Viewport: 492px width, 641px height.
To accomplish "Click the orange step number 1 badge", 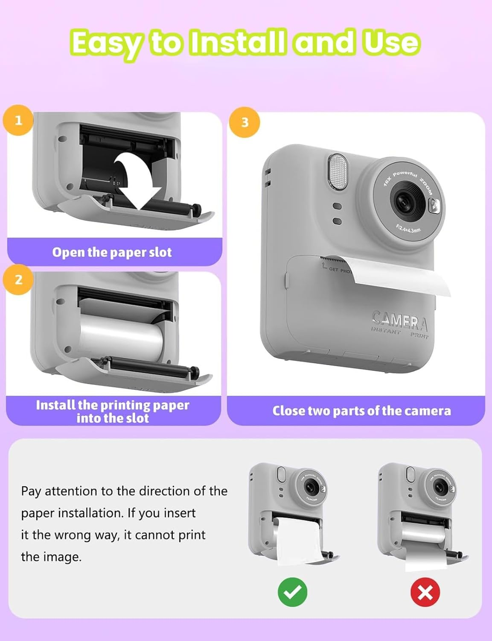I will point(18,120).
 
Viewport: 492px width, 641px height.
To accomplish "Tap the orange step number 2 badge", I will point(18,279).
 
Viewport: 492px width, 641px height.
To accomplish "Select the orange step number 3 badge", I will point(245,122).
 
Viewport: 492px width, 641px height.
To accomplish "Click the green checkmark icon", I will point(292,592).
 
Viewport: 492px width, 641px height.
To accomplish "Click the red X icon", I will point(425,592).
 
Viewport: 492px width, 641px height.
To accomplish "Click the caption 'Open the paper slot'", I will point(112,252).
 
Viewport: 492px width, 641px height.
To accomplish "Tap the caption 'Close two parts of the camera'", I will point(361,411).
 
